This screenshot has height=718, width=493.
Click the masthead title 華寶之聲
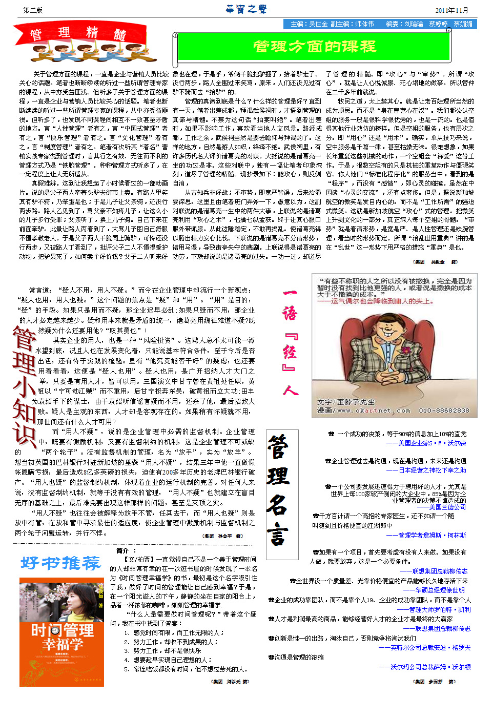246,9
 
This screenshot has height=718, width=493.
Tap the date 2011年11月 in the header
451,10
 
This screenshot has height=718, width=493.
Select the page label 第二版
33,10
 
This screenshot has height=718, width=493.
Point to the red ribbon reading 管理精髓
77,33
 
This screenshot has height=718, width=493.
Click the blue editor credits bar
380,24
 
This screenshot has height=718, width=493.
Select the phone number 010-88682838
444,411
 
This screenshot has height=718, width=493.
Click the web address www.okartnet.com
374,411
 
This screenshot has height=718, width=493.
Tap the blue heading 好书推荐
60,563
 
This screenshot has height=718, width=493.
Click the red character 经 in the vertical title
290,352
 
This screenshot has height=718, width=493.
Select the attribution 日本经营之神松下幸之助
426,470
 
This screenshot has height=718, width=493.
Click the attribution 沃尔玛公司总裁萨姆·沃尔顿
424,667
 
